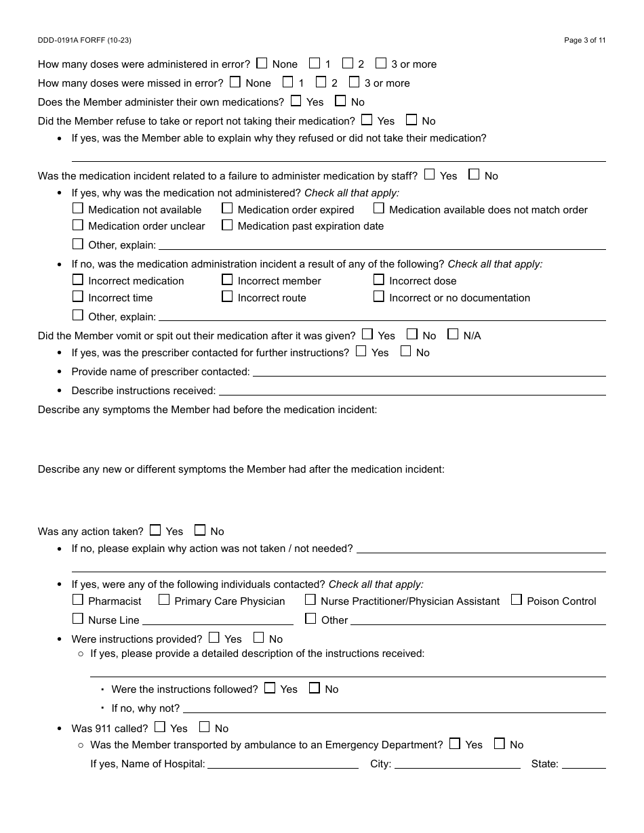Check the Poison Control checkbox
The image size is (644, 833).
(x=517, y=599)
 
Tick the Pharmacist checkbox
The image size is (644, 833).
(x=78, y=599)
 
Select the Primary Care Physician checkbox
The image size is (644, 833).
(x=164, y=599)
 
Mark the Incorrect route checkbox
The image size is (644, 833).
(x=227, y=297)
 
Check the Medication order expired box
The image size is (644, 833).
(x=227, y=209)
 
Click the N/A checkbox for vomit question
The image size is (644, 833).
(x=453, y=334)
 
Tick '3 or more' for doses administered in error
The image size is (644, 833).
(x=381, y=63)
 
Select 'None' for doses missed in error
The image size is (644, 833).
(x=235, y=82)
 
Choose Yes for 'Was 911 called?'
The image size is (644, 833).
(x=160, y=727)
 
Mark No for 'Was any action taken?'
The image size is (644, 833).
(x=200, y=530)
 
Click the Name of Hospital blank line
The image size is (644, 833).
(x=283, y=763)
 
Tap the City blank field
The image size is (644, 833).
(x=457, y=763)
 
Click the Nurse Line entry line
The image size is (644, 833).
(x=218, y=620)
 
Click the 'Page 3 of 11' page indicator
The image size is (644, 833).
(x=584, y=41)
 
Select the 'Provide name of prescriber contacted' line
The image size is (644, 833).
(x=428, y=371)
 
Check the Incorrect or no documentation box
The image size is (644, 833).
(x=379, y=297)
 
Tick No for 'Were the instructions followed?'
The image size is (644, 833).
(x=315, y=688)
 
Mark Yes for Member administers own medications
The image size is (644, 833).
(x=296, y=101)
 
